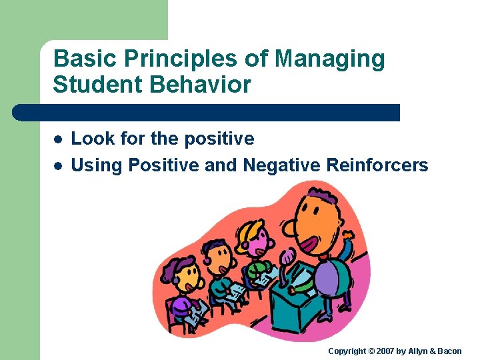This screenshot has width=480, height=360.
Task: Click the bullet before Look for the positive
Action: pos(58,139)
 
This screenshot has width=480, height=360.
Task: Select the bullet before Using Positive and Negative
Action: pos(58,165)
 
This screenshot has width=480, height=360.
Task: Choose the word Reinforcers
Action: pos(377,165)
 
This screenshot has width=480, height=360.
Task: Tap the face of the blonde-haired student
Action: pos(257,239)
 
